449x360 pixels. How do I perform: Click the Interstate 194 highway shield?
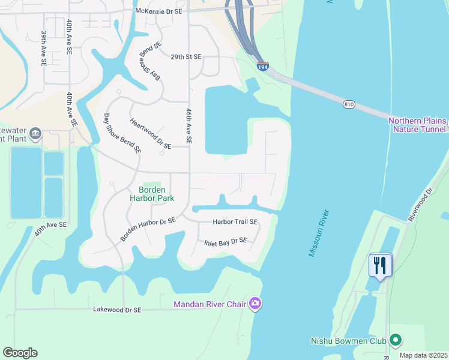262,67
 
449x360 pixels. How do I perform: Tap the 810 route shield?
349,104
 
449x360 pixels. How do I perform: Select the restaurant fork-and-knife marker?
380,265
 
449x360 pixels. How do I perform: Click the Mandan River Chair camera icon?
255,304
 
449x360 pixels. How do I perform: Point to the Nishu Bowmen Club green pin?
394,341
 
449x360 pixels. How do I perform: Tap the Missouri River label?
319,233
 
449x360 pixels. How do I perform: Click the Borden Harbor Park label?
152,193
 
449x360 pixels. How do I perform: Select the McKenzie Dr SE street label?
158,11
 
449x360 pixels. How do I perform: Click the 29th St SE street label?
185,57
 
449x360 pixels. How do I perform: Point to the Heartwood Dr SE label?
150,133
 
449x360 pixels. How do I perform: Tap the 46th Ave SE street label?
188,125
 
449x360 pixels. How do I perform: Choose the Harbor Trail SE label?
235,221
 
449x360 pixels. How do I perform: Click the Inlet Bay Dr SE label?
225,241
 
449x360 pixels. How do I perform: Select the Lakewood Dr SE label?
117,310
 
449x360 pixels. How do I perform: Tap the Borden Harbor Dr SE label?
148,229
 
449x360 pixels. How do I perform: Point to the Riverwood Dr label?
420,205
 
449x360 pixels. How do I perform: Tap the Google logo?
20,353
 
